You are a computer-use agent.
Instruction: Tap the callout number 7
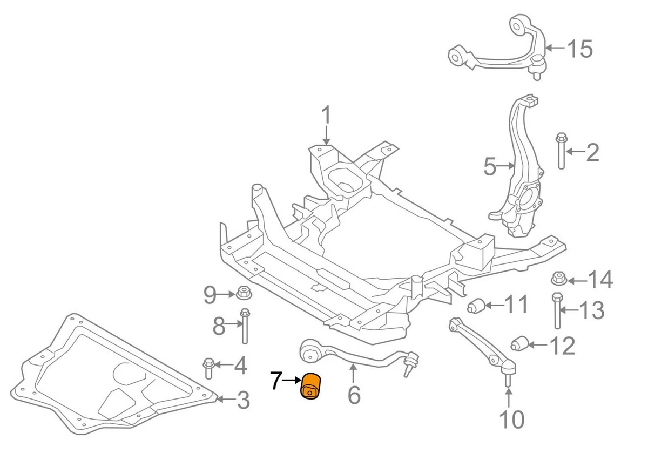pyautogui.click(x=276, y=381)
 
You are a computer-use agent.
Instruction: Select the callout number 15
pyautogui.click(x=580, y=49)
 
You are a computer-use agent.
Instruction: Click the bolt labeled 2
pyautogui.click(x=561, y=151)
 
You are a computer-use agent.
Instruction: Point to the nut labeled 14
pyautogui.click(x=558, y=278)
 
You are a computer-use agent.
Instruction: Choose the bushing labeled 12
pyautogui.click(x=519, y=343)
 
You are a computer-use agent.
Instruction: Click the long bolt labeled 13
pyautogui.click(x=557, y=311)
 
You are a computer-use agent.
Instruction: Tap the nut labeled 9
pyautogui.click(x=244, y=293)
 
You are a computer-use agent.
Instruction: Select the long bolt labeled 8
pyautogui.click(x=245, y=326)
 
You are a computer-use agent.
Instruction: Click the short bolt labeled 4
pyautogui.click(x=208, y=369)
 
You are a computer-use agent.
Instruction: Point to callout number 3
pyautogui.click(x=243, y=400)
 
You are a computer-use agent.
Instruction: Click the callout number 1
pyautogui.click(x=326, y=115)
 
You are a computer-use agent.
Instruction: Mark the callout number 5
pyautogui.click(x=490, y=167)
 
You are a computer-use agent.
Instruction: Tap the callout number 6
pyautogui.click(x=354, y=395)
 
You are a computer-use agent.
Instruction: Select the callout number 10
pyautogui.click(x=512, y=419)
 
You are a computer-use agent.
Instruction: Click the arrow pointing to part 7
pyautogui.click(x=292, y=380)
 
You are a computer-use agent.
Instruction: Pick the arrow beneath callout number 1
pyautogui.click(x=326, y=135)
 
